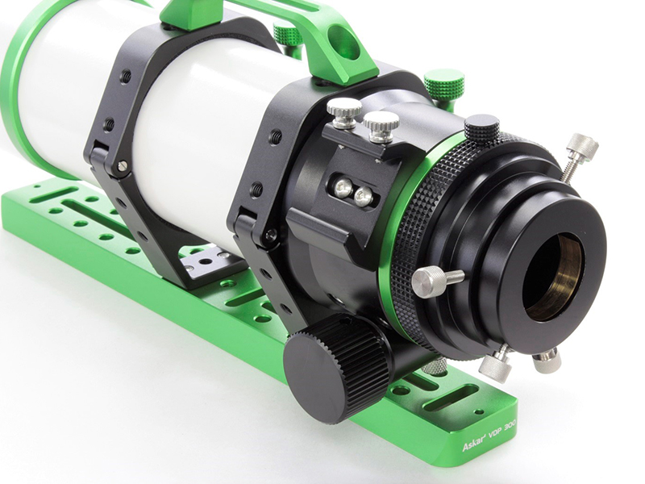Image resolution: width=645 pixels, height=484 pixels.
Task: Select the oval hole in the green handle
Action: coord(343,42)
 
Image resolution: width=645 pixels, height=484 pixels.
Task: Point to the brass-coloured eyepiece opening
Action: coord(553,277)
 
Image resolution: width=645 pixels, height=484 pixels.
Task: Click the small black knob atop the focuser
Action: coord(481,127)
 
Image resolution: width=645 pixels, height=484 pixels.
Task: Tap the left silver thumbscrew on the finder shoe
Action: coord(344,112)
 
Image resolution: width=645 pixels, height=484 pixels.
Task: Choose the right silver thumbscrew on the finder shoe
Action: coord(381,127)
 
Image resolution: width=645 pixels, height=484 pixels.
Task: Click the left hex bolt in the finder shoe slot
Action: coord(343,188)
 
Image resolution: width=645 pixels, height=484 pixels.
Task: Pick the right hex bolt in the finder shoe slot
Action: coord(363,196)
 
